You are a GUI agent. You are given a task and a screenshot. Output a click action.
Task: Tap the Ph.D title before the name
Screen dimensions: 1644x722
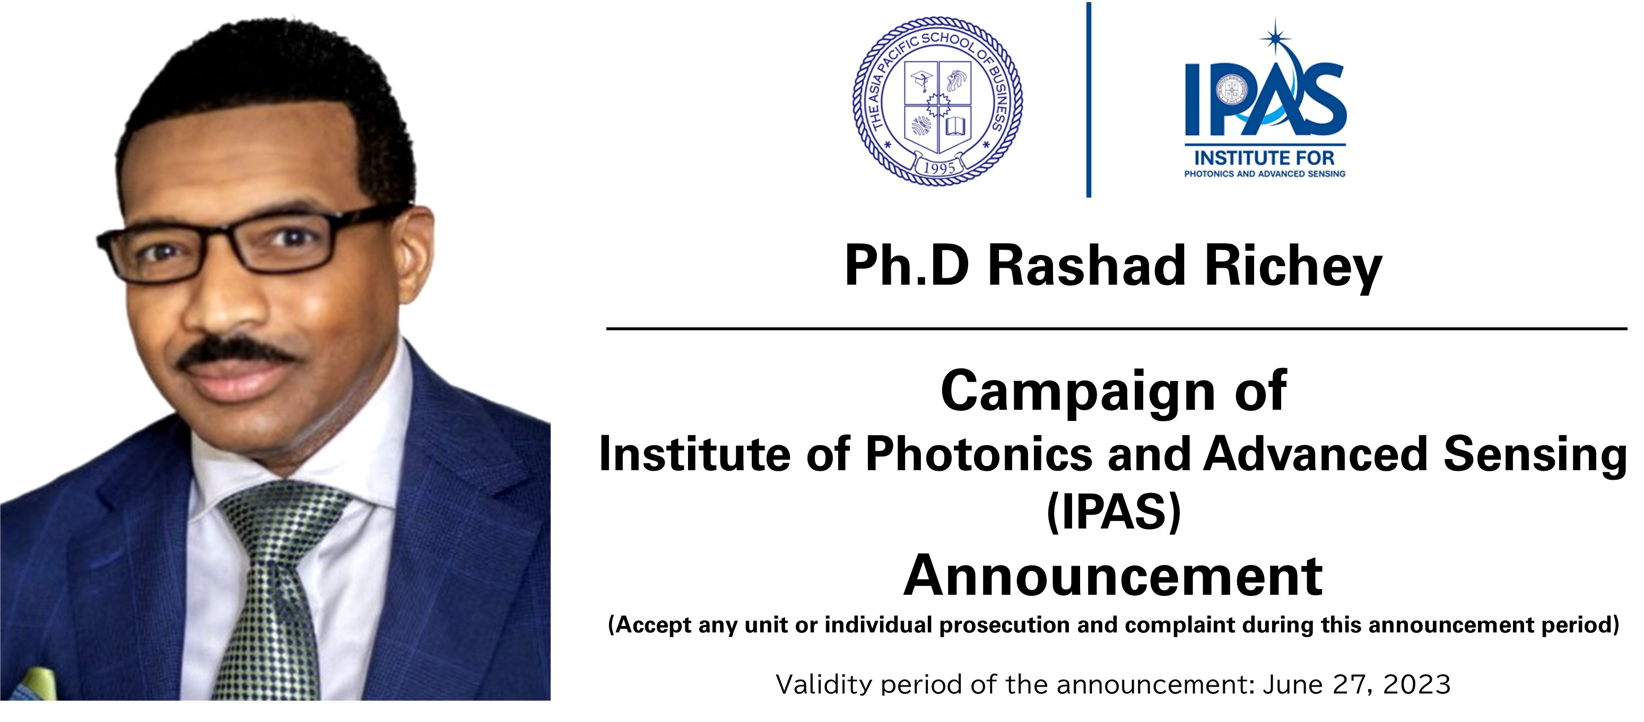pyautogui.click(x=906, y=266)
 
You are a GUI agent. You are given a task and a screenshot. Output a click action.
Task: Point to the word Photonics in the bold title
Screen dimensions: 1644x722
pyautogui.click(x=978, y=454)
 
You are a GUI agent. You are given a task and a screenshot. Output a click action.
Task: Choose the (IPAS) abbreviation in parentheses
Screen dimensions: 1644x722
pyautogui.click(x=1114, y=512)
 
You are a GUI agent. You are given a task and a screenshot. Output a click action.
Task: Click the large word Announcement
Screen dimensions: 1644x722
pyautogui.click(x=1114, y=576)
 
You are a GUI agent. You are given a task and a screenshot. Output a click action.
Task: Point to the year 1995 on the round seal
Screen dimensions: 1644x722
pyautogui.click(x=939, y=168)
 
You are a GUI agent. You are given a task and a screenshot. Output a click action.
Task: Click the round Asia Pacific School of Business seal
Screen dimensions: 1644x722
pyautogui.click(x=937, y=101)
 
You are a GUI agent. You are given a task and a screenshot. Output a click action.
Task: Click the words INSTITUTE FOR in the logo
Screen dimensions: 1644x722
pyautogui.click(x=1264, y=157)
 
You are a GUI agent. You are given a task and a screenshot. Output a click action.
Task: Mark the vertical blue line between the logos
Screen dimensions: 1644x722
pyautogui.click(x=1089, y=100)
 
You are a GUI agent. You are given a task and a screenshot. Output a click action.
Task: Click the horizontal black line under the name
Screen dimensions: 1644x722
pyautogui.click(x=1116, y=329)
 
